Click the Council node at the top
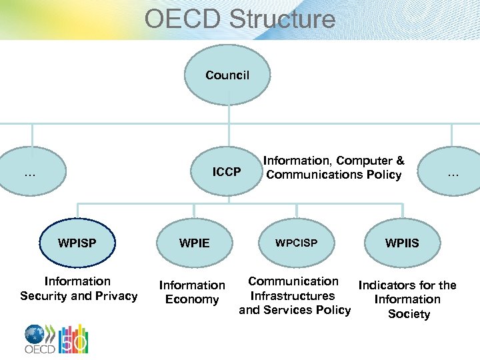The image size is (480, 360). [227, 75]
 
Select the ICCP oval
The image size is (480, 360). [227, 172]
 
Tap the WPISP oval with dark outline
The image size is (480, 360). [77, 243]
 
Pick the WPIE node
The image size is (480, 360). [195, 243]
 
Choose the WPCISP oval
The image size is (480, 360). [297, 243]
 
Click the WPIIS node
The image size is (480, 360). [402, 243]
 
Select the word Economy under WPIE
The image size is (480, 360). [192, 300]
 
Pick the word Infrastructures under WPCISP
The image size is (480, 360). [293, 296]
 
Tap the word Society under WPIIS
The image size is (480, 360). [409, 314]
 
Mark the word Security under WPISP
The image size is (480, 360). [46, 296]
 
